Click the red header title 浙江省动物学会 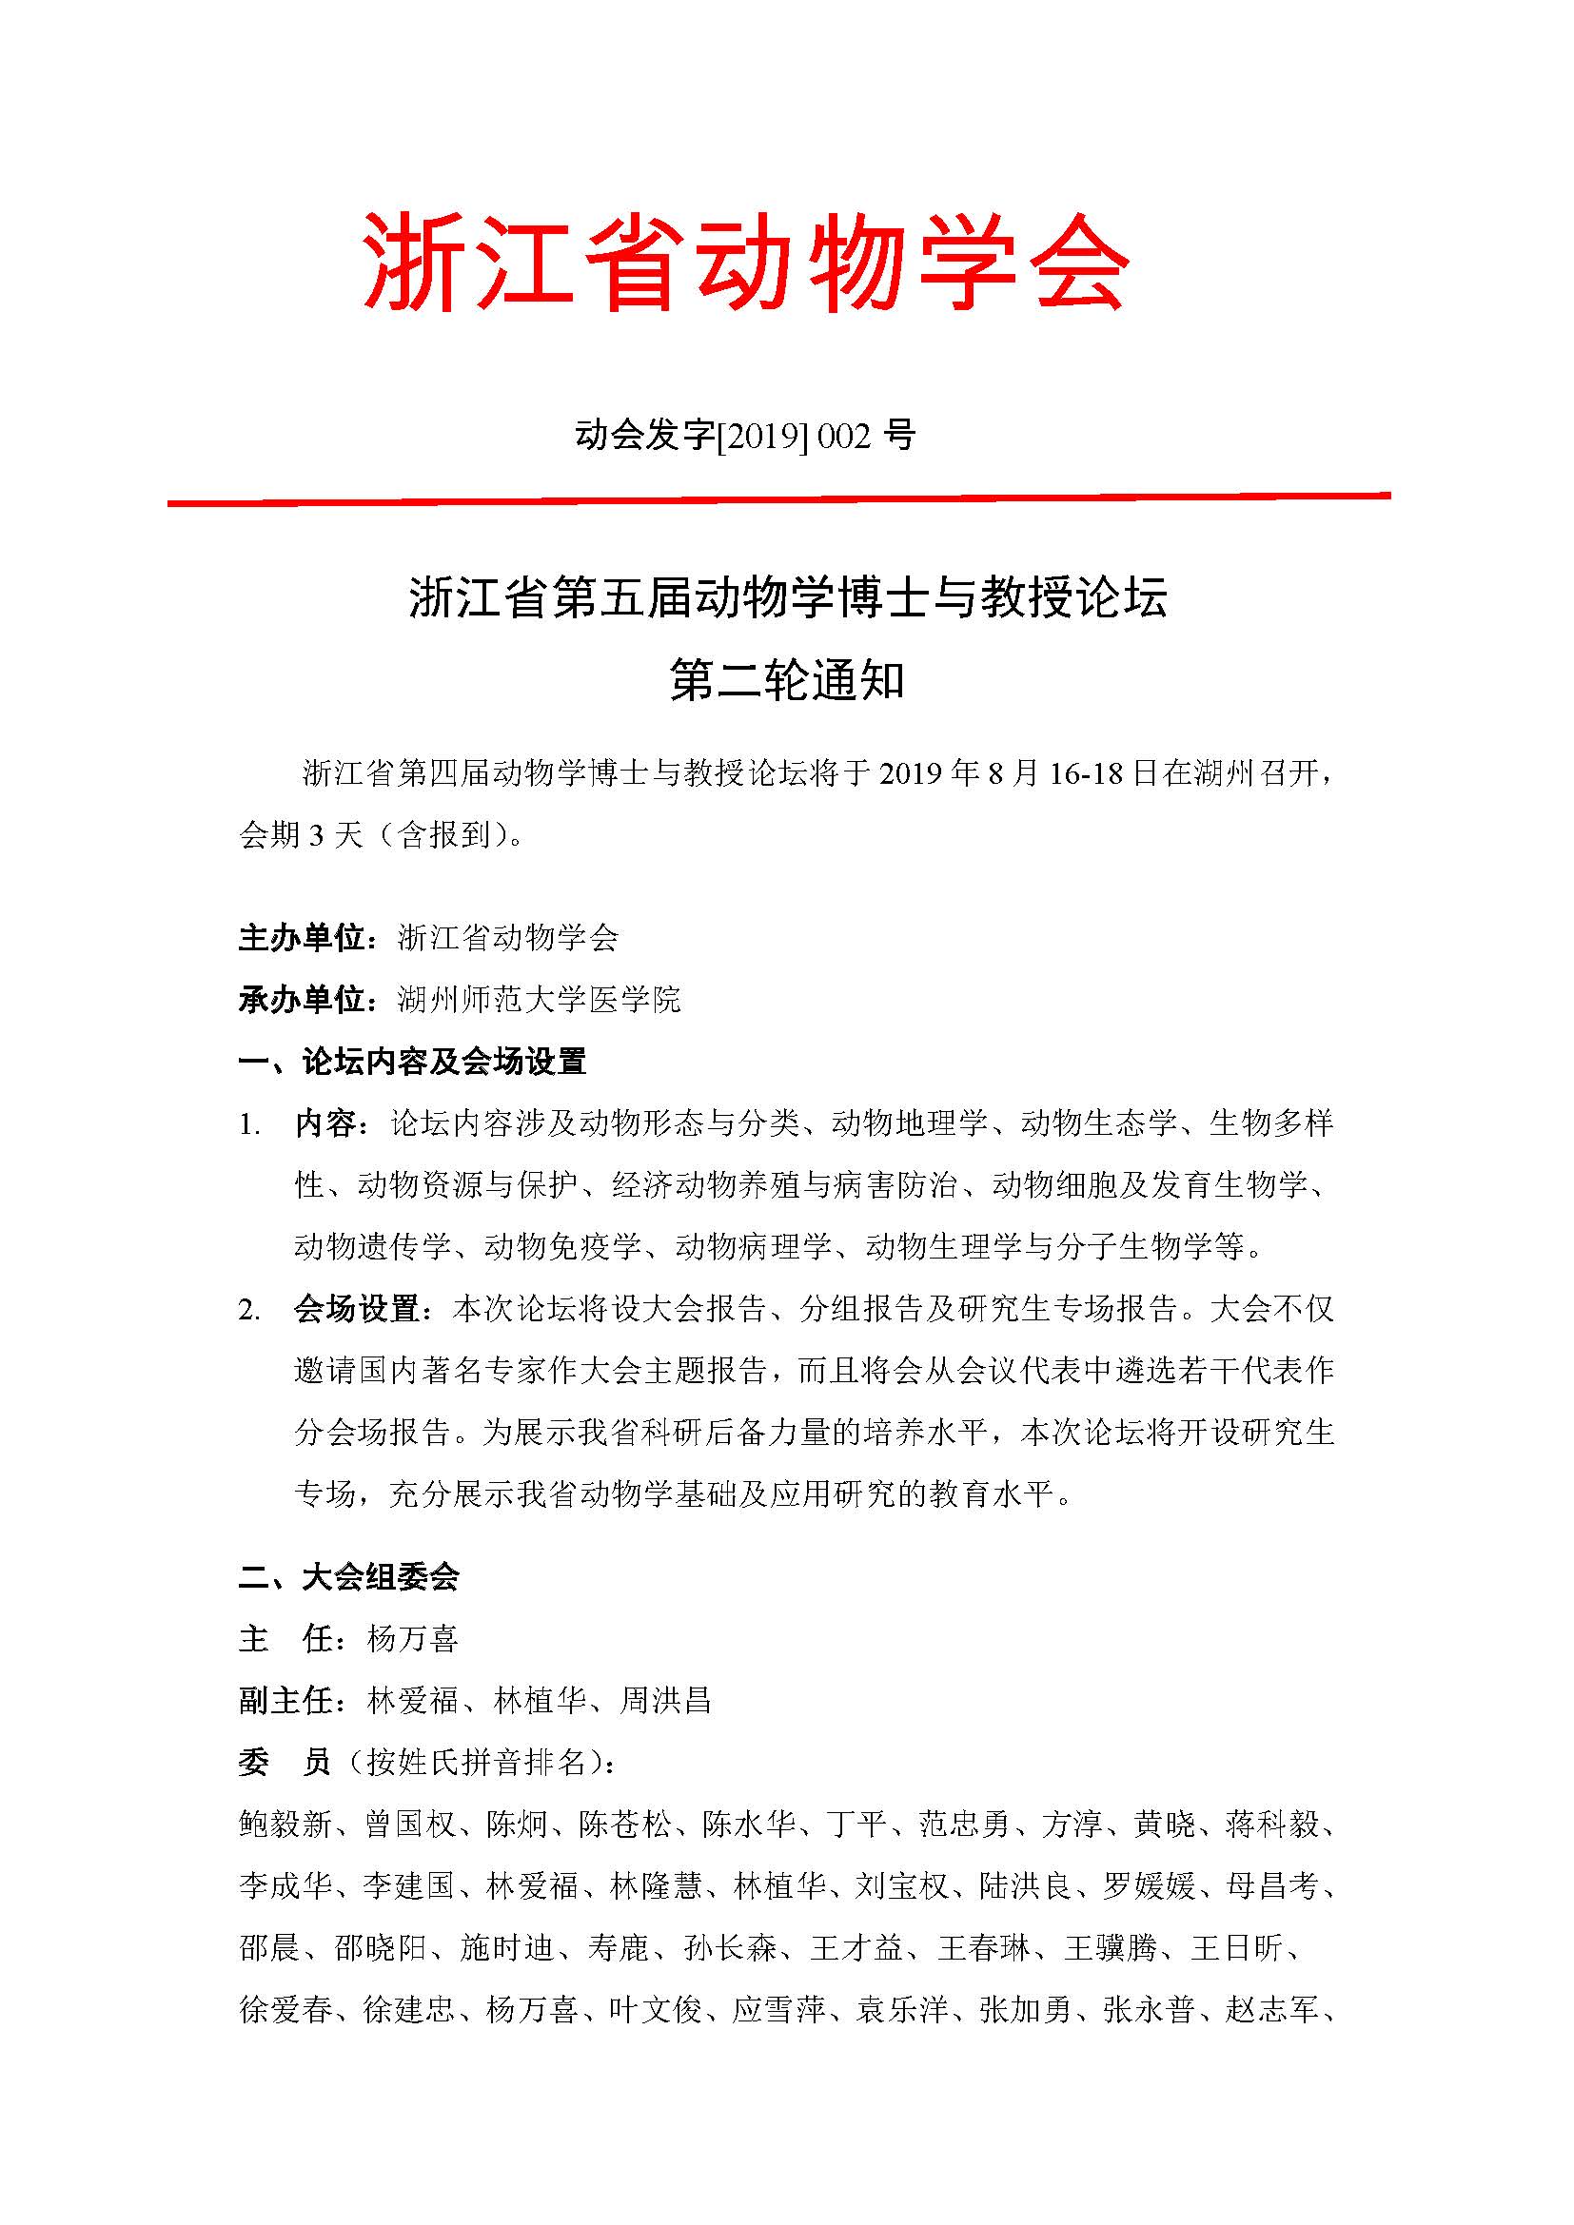pyautogui.click(x=745, y=263)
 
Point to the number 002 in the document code pyautogui.click(x=844, y=437)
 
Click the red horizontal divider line pyautogui.click(x=778, y=500)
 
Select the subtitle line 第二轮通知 pyautogui.click(x=786, y=682)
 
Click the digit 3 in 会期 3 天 pyautogui.click(x=316, y=835)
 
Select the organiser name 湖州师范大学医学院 pyautogui.click(x=539, y=999)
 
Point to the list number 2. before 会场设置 pyautogui.click(x=250, y=1310)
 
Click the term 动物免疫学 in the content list pyautogui.click(x=563, y=1246)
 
